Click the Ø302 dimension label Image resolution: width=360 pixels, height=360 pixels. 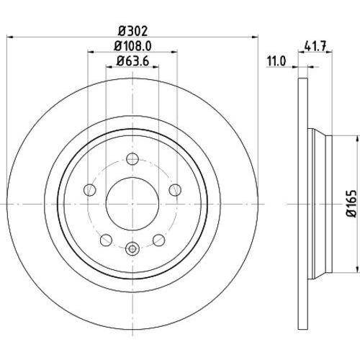[133, 31]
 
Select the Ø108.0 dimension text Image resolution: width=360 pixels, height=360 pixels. [133, 46]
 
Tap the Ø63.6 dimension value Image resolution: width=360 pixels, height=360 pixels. [133, 60]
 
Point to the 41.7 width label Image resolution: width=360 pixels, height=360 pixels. [315, 46]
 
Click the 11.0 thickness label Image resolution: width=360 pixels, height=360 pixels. [276, 61]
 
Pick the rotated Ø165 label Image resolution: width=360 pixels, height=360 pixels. [353, 204]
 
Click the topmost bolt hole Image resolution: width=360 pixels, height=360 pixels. [132, 158]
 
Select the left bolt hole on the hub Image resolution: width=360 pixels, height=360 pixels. [90, 190]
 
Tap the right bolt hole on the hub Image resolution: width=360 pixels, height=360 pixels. [175, 190]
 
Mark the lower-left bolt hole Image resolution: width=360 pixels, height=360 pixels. [106, 240]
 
